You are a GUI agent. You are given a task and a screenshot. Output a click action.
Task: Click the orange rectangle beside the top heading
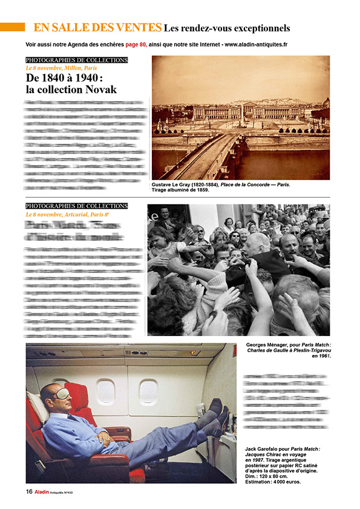[x=12, y=27]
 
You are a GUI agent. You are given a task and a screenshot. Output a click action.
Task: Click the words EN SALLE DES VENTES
[x=97, y=27]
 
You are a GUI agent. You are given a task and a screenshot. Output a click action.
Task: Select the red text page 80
[x=136, y=44]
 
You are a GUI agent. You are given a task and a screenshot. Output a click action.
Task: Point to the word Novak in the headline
[x=97, y=89]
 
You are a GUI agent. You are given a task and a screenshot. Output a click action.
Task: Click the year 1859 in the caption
[x=201, y=190]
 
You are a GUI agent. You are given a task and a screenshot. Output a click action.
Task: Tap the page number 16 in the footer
[x=28, y=491]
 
